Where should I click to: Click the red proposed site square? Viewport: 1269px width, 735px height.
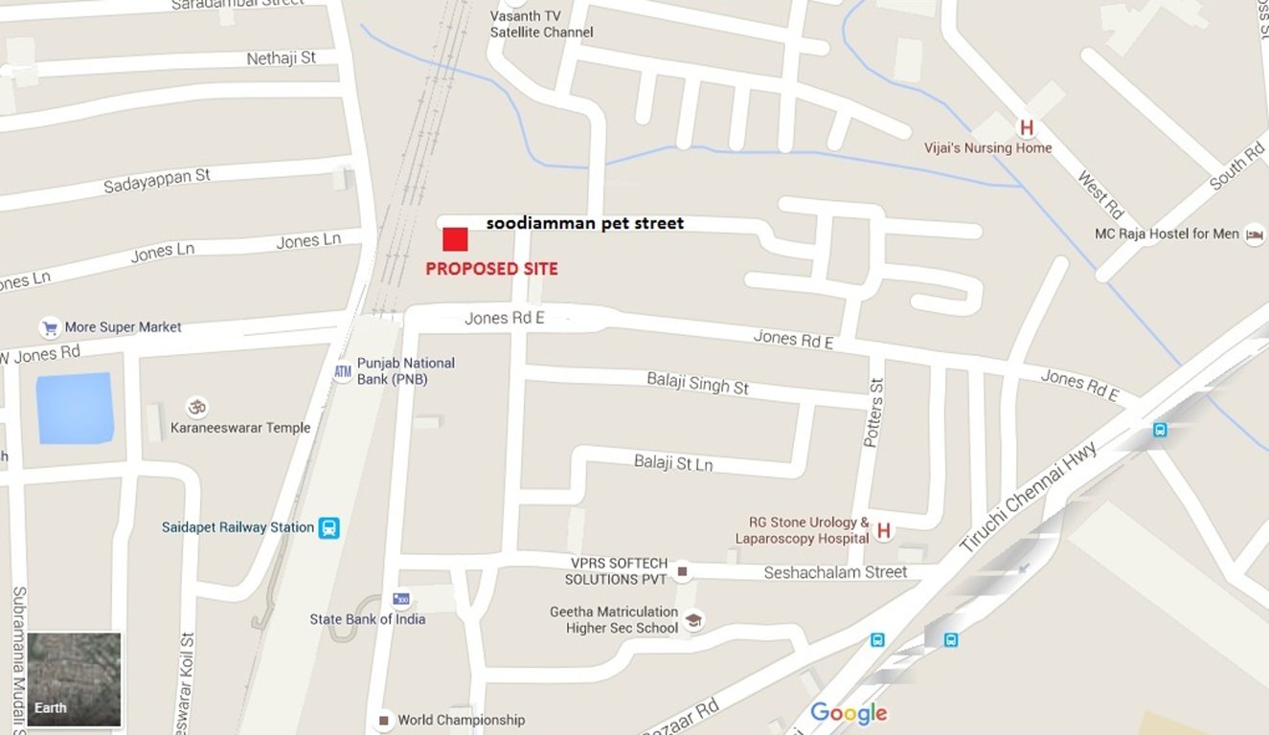[455, 239]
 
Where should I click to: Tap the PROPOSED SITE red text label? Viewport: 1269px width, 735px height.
[491, 269]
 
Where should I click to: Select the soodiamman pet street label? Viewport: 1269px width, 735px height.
[585, 223]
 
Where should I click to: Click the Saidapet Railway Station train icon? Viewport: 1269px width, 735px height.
[329, 527]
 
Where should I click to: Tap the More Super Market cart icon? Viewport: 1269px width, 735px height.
[50, 327]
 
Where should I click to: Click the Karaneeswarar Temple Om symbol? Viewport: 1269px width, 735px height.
[197, 406]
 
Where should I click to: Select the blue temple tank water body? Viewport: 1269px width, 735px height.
[75, 409]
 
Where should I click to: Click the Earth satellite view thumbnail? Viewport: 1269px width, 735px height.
[74, 679]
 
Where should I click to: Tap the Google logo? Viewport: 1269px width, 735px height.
[849, 713]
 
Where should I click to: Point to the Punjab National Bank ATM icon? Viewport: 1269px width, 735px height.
[343, 371]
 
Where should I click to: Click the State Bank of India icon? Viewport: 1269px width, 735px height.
[401, 599]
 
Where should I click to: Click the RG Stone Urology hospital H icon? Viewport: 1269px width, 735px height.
[883, 529]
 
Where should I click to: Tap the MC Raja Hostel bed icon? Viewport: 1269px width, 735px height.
[1254, 234]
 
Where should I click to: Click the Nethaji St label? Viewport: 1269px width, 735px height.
[281, 58]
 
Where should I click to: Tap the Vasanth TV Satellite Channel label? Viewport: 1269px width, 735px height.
[541, 24]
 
